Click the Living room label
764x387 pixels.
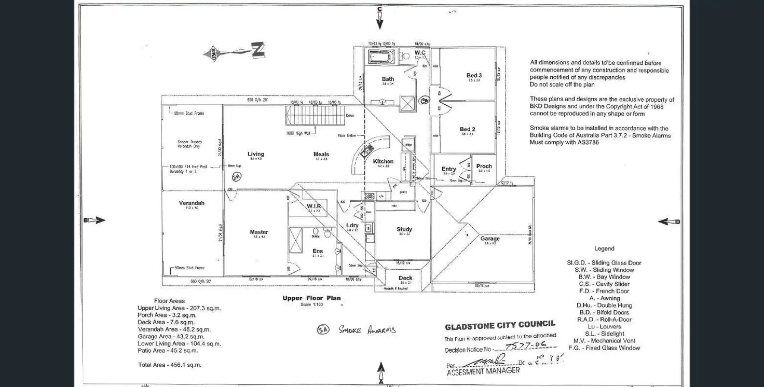click(x=255, y=154)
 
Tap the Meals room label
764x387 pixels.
click(x=321, y=154)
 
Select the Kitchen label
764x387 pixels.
click(x=383, y=161)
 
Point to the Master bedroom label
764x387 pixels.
click(x=259, y=232)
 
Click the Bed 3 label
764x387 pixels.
click(x=474, y=76)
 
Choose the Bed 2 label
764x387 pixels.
click(x=467, y=130)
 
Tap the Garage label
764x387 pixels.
click(x=490, y=239)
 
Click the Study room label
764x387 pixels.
click(x=404, y=229)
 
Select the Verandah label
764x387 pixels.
click(x=192, y=203)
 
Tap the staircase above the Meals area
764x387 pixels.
click(x=316, y=115)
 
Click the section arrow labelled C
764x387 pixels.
click(x=379, y=18)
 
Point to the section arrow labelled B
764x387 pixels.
click(x=95, y=220)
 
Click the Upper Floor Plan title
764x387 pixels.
click(x=311, y=298)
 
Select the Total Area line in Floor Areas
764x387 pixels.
click(x=170, y=365)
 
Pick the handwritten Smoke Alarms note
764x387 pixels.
click(x=356, y=329)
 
